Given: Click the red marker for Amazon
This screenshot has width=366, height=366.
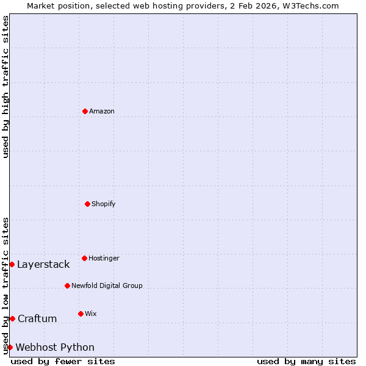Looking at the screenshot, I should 85,111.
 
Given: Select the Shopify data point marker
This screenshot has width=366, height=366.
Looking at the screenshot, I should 87,204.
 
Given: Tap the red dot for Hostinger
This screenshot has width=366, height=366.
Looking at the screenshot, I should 84,258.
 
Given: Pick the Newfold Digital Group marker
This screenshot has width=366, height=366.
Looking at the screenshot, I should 67,285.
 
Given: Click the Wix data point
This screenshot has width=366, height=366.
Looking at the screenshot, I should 81,314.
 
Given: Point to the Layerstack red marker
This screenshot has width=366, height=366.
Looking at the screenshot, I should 12,264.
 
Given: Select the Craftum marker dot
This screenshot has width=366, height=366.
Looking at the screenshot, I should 12,318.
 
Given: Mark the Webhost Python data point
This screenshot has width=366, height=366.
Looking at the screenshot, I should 10,347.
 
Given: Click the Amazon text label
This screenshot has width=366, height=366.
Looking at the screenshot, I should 102,111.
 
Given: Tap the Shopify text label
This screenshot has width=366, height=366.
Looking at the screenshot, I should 104,204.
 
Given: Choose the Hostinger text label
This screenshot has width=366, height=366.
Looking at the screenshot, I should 104,258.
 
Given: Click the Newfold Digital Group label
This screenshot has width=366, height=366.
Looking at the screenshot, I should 107,285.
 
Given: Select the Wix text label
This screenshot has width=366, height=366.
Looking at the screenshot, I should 91,314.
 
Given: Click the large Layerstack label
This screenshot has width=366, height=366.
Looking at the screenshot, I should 43,264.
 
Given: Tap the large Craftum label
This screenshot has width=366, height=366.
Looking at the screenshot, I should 37,318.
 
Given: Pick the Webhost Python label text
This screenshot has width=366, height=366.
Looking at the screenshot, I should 55,347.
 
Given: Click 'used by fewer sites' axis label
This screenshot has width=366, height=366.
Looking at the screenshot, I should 63,361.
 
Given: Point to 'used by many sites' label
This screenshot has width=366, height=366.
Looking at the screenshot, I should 306,361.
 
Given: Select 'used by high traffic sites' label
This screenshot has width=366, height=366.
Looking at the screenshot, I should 5,87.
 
